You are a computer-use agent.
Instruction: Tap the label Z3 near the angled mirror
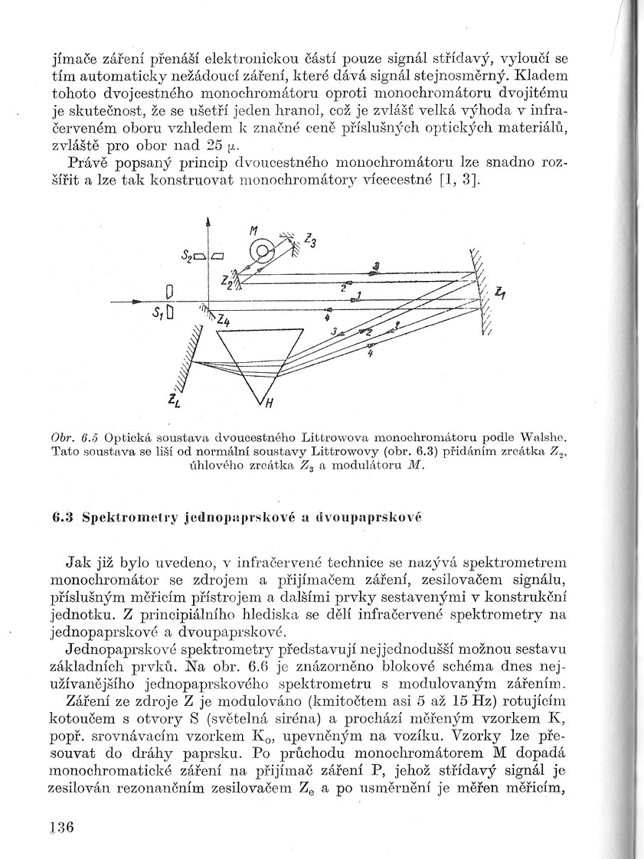310,240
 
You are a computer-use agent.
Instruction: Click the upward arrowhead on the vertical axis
208,221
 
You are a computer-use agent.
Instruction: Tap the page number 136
60,828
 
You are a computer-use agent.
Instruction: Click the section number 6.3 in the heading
61,516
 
